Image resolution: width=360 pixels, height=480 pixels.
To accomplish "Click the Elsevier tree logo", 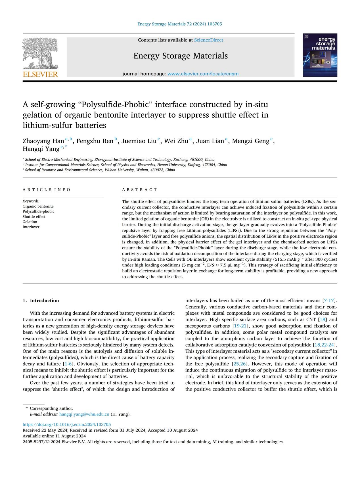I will coord(40,53).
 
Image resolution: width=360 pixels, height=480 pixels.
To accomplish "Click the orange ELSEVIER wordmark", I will coord(40,74).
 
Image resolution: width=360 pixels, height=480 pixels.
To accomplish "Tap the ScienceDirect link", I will coord(208,40).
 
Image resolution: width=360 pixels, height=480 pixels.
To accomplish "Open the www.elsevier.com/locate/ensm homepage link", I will coord(203,74).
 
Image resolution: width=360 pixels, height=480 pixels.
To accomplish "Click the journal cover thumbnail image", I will coord(320,55).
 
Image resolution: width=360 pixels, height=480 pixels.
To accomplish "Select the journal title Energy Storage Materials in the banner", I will coord(181,56).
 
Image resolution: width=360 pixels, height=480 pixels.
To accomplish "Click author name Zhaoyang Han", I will coord(43,141).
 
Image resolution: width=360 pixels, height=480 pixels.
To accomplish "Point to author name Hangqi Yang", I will coord(41,149).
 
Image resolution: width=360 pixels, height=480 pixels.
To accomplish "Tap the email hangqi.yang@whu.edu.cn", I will coord(84,414).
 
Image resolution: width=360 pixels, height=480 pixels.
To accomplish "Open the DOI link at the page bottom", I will coord(67,424).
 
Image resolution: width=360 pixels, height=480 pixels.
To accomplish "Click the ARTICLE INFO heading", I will coord(47,190).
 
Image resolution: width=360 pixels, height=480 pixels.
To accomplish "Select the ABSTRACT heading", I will coord(139,190).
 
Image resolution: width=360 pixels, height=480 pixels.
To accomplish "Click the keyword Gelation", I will coord(30,222).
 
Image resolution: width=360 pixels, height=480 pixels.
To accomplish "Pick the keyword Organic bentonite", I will coord(38,206).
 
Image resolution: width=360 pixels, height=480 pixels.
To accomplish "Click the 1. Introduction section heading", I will coord(41,300).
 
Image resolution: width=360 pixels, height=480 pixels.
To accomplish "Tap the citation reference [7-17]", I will coord(329,300).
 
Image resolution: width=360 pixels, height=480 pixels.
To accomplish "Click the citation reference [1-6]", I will coord(68,364).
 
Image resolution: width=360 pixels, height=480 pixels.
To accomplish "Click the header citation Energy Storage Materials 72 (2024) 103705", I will coord(179,24).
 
